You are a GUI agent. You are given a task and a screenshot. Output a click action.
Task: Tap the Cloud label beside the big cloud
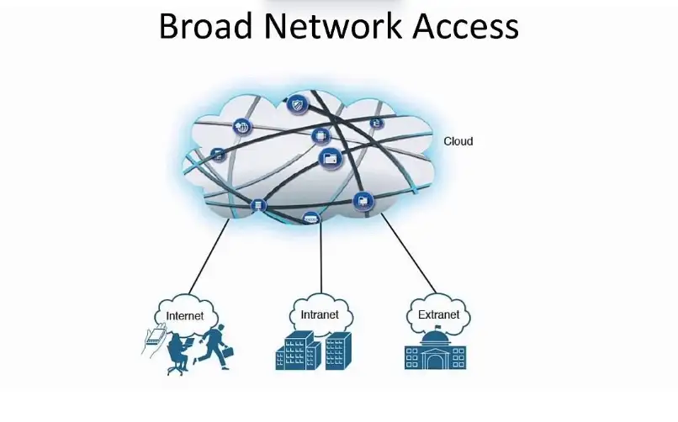click(458, 141)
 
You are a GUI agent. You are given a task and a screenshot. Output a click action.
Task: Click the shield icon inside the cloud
click(295, 105)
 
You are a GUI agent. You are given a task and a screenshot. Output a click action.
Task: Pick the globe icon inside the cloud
click(243, 128)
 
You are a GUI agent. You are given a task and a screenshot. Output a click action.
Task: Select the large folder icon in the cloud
click(330, 157)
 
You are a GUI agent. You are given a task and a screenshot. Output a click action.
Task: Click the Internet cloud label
click(185, 317)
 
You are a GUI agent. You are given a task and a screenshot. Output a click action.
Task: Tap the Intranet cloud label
click(320, 315)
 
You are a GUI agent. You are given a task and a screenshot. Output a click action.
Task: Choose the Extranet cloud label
click(438, 315)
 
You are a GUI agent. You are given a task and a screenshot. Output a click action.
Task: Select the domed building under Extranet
click(437, 351)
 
